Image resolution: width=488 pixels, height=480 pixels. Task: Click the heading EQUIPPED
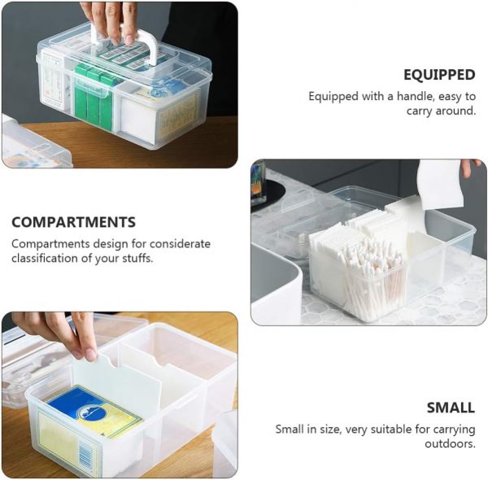coord(439,75)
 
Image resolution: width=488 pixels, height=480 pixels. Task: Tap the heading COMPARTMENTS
coord(74,222)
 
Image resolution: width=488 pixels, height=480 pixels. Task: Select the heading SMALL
coord(451,408)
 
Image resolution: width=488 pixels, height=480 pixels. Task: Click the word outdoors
coord(450,443)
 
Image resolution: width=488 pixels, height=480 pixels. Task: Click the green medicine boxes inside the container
coord(94,94)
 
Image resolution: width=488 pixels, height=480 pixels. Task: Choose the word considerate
coord(181,243)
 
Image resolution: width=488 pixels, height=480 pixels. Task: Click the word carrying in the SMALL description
coord(454,430)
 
